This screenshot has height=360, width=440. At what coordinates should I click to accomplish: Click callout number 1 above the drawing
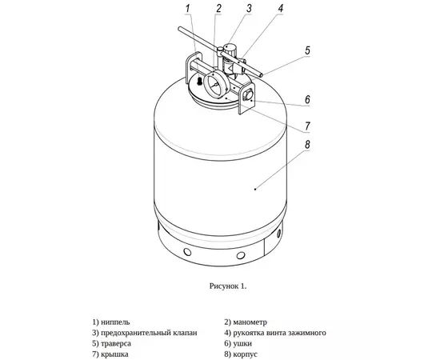188,9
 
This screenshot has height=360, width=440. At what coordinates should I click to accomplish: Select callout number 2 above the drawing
218,9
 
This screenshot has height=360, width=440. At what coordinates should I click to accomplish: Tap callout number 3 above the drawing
249,9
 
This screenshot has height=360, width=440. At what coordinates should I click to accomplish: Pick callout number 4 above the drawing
280,9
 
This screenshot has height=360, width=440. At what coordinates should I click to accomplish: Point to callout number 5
307,50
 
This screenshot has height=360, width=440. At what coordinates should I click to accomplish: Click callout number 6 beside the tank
307,100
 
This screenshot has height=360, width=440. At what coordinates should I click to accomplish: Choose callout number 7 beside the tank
307,126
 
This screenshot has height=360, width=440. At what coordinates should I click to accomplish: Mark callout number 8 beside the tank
307,145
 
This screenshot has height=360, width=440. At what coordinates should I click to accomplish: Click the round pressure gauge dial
215,85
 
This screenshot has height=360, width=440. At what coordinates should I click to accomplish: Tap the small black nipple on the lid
199,82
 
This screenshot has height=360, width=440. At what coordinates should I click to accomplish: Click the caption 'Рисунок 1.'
228,286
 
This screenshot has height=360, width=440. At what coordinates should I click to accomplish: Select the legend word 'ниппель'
115,322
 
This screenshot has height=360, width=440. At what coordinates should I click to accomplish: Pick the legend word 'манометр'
250,322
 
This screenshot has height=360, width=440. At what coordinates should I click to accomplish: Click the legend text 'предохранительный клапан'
149,333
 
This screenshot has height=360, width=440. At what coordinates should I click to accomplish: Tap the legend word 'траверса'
116,343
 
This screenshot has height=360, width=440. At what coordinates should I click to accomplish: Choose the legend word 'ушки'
242,343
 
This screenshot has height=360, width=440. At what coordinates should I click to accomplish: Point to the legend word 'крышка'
114,354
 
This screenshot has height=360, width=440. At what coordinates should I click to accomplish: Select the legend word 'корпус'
246,354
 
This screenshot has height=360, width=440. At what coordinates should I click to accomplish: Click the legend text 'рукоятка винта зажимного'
279,333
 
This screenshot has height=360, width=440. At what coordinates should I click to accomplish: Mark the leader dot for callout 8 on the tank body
255,190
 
